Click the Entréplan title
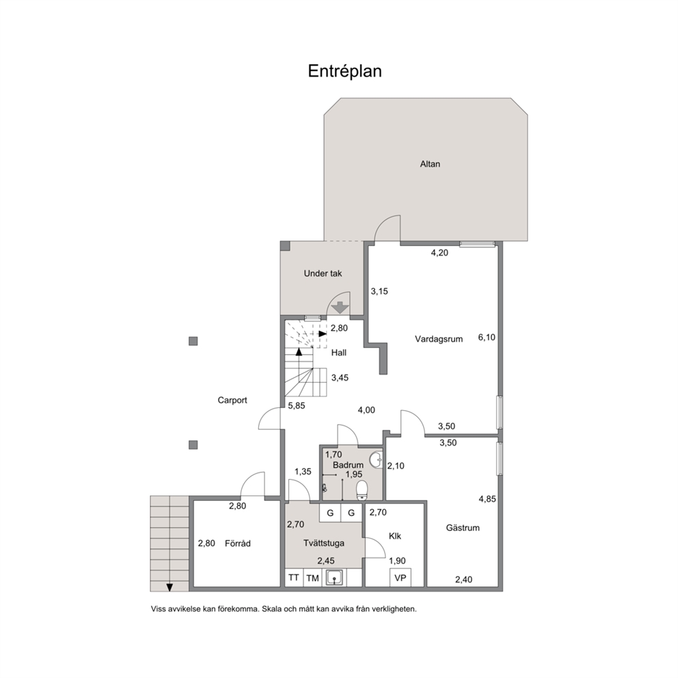tap(344, 71)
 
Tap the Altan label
tap(430, 164)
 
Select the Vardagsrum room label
tap(439, 339)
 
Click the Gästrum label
tap(463, 528)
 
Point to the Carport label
tap(232, 401)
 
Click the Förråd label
tap(237, 543)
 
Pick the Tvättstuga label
tap(324, 543)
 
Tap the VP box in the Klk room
tap(401, 578)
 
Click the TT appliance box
tap(294, 578)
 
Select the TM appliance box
tap(312, 578)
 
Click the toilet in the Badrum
tap(362, 490)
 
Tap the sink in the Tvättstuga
tap(335, 578)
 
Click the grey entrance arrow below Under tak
tap(340, 308)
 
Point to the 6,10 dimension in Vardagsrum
tap(487, 337)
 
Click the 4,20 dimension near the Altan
tap(439, 253)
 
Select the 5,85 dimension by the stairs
tap(297, 406)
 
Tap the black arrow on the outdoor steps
tap(169, 587)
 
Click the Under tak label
tap(323, 273)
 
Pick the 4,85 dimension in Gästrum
tap(487, 499)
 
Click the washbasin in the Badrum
tap(377, 460)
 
